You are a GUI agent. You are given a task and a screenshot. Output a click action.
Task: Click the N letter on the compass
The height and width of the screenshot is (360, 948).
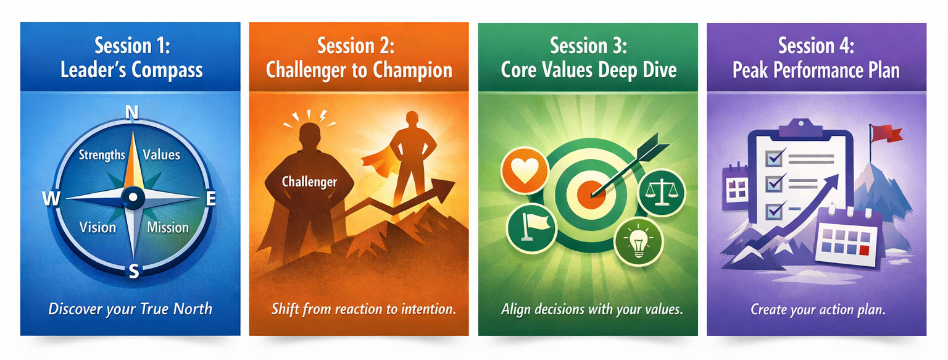pyautogui.click(x=131, y=112)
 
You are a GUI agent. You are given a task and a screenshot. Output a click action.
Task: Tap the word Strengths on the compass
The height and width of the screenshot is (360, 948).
pyautogui.click(x=102, y=155)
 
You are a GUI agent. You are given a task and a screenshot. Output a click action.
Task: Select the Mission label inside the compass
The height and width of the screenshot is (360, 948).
pyautogui.click(x=168, y=227)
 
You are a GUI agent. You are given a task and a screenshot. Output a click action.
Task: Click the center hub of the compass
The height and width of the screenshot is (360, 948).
pyautogui.click(x=132, y=198)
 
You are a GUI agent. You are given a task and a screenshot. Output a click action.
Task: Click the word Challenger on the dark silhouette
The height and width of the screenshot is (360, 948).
pyautogui.click(x=309, y=182)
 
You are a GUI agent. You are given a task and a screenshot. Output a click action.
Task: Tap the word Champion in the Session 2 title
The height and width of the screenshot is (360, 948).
pyautogui.click(x=414, y=70)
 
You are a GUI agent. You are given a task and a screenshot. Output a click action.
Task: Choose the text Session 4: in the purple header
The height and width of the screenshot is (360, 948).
pyautogui.click(x=816, y=46)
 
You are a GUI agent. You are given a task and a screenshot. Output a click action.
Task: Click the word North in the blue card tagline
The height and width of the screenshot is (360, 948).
pyautogui.click(x=193, y=309)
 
